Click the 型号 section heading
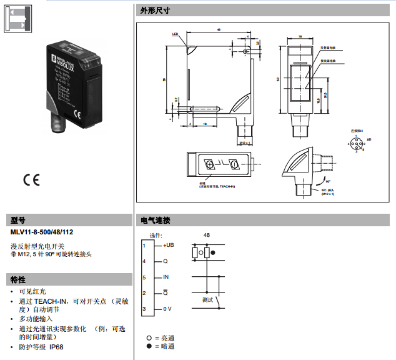click(19, 221)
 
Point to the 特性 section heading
click(19, 279)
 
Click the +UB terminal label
click(168, 245)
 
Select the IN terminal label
click(166, 277)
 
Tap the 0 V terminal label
click(167, 309)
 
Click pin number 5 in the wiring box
click(144, 277)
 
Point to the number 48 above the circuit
click(207, 235)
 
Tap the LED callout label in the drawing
click(175, 35)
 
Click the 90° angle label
click(329, 181)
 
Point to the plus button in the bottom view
click(210, 164)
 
